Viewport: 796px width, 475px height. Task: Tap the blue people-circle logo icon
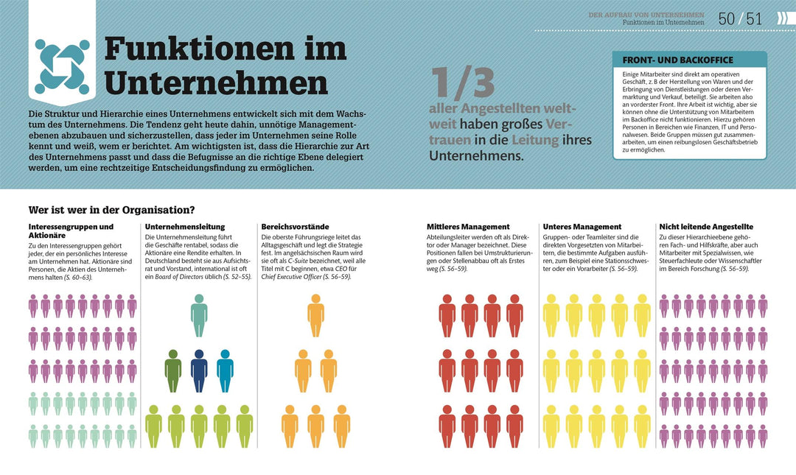click(x=62, y=67)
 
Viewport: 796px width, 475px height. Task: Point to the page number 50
click(x=727, y=19)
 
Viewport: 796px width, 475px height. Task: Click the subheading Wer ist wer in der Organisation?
click(x=111, y=209)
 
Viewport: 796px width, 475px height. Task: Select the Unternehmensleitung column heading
click(x=185, y=227)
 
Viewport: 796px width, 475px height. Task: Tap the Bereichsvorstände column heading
click(x=295, y=227)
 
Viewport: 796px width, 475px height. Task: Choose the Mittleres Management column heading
click(x=468, y=227)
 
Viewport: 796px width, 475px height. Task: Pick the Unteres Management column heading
click(x=582, y=227)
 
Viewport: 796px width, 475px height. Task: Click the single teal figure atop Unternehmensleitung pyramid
click(x=199, y=315)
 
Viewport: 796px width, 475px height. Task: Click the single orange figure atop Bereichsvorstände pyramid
click(x=315, y=315)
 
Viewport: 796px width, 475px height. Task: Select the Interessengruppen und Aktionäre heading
click(x=71, y=231)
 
